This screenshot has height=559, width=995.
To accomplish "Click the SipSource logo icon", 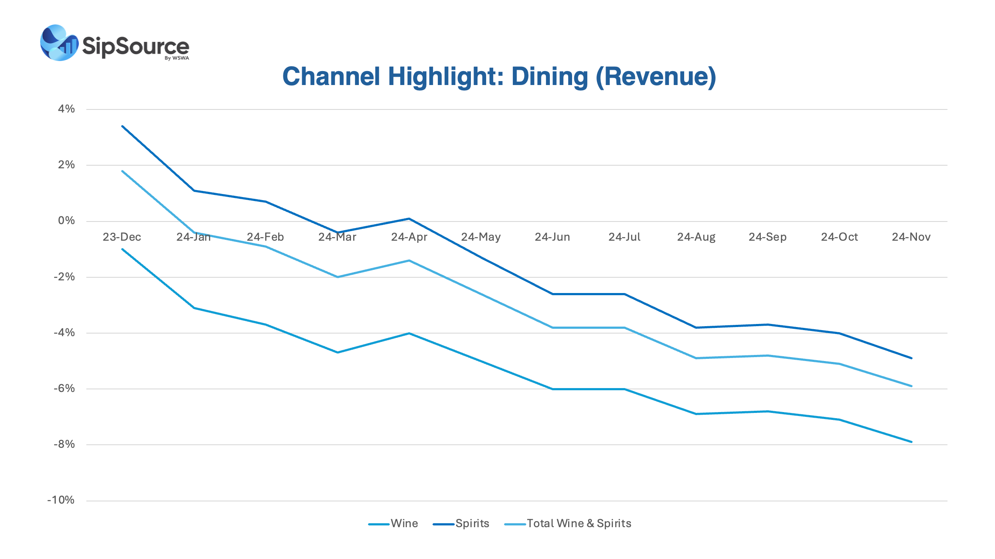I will click(59, 43).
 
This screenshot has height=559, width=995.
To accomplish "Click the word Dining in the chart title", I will click(549, 77).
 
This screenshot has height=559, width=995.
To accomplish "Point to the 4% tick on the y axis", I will click(66, 109).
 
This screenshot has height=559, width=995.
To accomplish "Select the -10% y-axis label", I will click(61, 500).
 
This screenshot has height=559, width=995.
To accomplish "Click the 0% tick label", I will click(66, 221).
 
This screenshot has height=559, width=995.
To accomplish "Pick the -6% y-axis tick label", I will click(64, 388).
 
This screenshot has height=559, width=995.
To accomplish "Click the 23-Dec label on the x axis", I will click(122, 237).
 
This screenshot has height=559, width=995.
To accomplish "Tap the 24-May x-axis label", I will click(480, 237).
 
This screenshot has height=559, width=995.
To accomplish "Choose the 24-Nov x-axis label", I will click(911, 237).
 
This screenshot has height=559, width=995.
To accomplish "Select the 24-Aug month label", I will click(696, 237).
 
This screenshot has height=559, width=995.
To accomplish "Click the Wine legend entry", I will click(404, 523).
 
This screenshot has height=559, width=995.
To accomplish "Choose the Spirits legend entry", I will click(472, 523).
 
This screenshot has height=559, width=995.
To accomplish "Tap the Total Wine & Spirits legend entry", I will click(579, 523).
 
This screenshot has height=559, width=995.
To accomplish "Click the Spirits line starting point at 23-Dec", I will click(123, 126).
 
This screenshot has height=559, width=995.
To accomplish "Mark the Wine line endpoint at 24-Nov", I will click(911, 442).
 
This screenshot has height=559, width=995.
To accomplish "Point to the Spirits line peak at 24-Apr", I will click(409, 218).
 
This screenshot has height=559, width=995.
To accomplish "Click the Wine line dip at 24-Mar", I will click(337, 352).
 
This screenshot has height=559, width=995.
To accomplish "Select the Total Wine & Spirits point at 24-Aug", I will click(696, 358).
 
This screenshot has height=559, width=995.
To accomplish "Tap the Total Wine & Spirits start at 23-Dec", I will click(123, 171).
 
